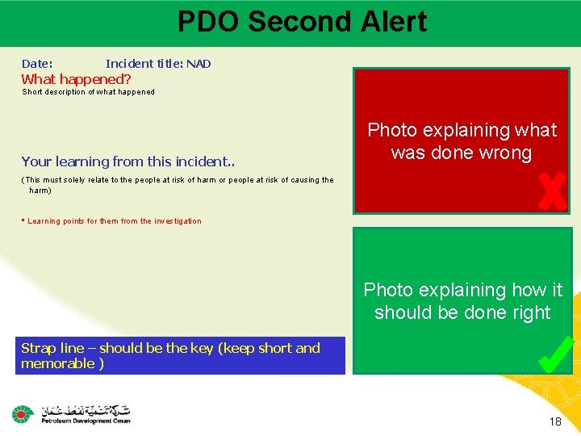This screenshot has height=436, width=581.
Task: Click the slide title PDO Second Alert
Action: click(302, 22)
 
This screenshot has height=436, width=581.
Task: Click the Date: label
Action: click(37, 64)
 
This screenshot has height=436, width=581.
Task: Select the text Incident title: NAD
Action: click(158, 64)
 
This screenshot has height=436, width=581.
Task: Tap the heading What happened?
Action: click(76, 79)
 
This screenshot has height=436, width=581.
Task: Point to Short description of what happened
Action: click(88, 92)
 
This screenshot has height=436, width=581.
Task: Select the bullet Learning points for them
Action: click(113, 221)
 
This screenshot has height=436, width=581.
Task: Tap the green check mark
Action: click(555, 354)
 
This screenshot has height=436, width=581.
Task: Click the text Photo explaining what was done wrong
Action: click(462, 141)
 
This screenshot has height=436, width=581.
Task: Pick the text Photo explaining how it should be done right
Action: click(462, 301)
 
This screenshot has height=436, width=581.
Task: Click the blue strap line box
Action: click(182, 356)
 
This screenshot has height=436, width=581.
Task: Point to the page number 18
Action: click(554, 422)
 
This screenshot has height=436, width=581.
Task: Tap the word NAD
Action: click(199, 64)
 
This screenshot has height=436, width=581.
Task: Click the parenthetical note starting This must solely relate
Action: click(177, 185)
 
